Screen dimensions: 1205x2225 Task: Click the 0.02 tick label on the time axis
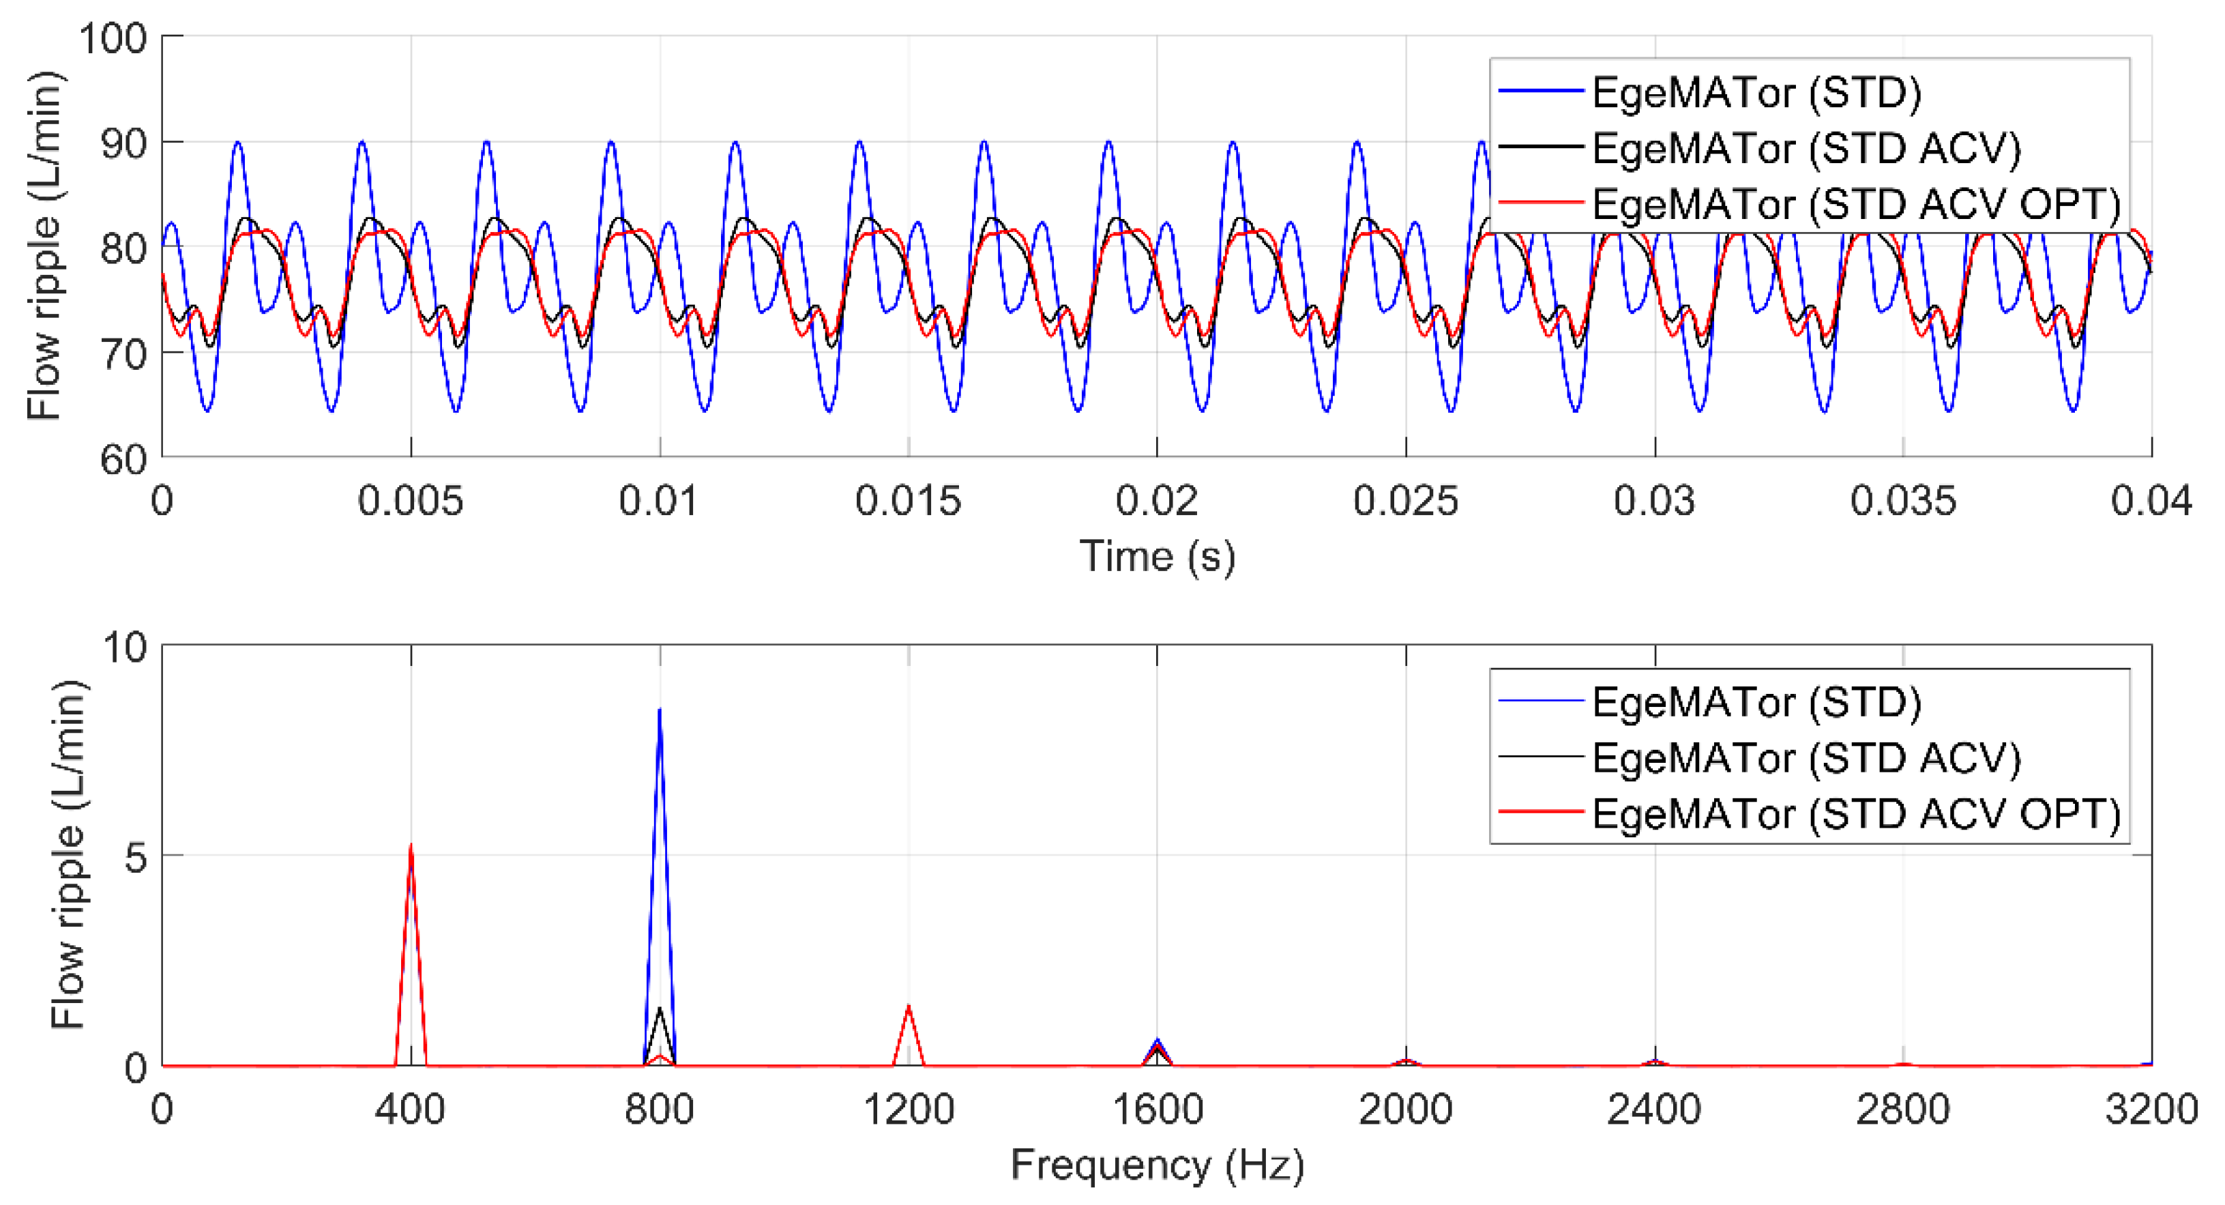tap(1157, 501)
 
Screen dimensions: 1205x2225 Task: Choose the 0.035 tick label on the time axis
tap(1903, 501)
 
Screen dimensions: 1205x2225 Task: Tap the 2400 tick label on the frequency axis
tap(1654, 1109)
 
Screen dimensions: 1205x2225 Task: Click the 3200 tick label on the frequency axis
tap(2151, 1109)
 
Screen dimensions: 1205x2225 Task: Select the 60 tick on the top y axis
tap(123, 459)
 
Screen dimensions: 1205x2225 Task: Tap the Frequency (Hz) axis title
tap(1158, 1165)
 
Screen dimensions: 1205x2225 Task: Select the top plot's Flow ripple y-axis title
tap(45, 246)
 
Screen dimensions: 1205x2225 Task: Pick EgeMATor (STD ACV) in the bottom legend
tap(1806, 757)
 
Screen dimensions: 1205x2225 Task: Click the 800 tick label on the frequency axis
tap(660, 1109)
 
